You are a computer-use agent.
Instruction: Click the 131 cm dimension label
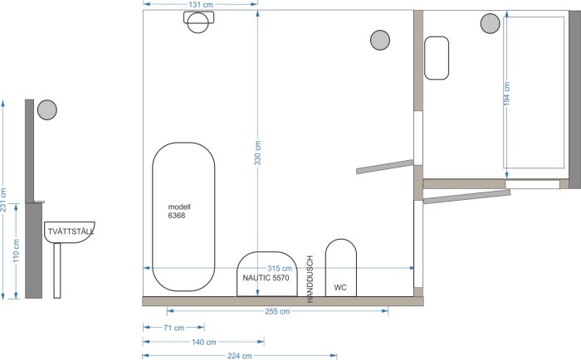[x=201, y=5]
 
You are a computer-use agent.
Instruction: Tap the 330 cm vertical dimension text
[x=258, y=153]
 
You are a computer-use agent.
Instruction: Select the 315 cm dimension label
[x=280, y=268]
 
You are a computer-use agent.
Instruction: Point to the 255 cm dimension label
[x=277, y=312]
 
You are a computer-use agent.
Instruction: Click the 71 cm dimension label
[x=173, y=328]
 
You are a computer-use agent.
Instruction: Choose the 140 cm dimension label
[x=204, y=343]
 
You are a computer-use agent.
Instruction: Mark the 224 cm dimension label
[x=240, y=356]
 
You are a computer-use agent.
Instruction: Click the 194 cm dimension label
[x=507, y=94]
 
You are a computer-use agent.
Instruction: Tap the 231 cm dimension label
[x=3, y=200]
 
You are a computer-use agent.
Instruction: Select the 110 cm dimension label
[x=17, y=251]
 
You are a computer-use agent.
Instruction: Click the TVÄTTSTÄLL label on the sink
[x=71, y=232]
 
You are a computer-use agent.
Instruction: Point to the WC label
[x=340, y=287]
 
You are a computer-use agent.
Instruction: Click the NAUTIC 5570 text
[x=266, y=278]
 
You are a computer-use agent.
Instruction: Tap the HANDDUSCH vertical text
[x=310, y=280]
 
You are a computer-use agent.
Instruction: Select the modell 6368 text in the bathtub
[x=179, y=212]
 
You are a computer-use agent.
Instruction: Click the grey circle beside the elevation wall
[x=47, y=110]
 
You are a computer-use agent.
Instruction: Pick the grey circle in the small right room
[x=491, y=23]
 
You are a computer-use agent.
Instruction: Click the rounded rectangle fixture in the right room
[x=437, y=58]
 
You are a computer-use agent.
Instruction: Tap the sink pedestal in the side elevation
[x=57, y=270]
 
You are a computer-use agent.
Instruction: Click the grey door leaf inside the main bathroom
[x=384, y=167]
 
